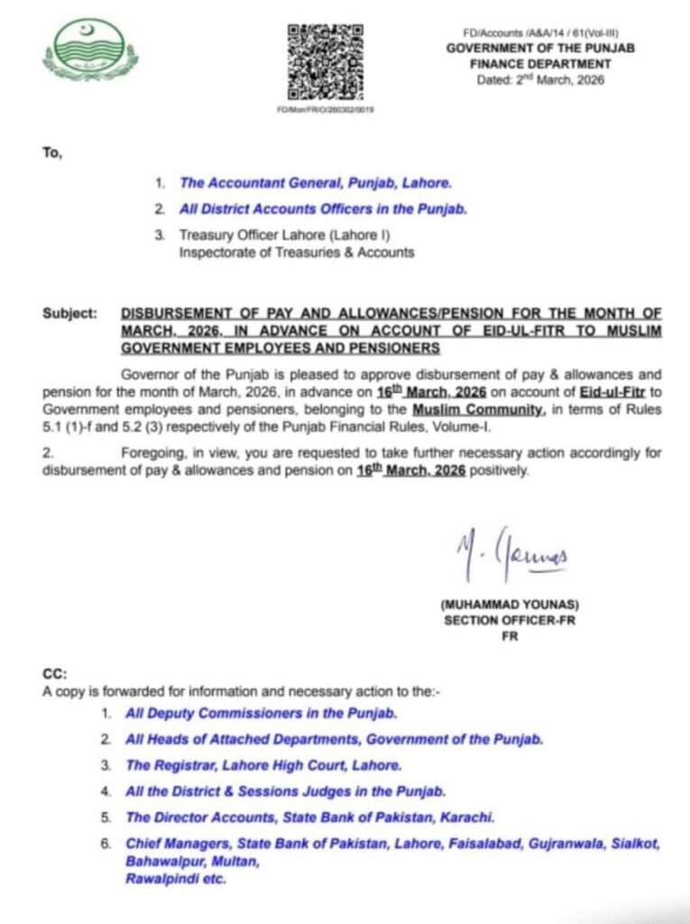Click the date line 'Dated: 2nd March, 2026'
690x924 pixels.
540,79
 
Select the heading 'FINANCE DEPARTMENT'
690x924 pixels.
540,64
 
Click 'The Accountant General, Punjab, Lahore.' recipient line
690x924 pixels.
315,182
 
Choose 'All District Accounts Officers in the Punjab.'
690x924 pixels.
323,209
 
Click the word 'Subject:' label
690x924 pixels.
69,314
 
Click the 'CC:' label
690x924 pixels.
55,673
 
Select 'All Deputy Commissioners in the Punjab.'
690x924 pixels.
262,714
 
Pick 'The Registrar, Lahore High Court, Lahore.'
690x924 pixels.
263,765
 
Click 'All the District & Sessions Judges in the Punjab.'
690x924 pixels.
286,791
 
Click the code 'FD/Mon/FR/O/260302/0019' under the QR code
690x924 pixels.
326,109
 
